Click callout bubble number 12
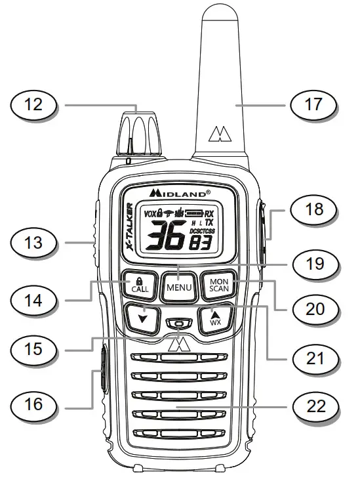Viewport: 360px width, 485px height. pos(33,104)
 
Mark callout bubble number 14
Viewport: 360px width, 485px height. pos(33,301)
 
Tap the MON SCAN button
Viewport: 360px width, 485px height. pos(218,285)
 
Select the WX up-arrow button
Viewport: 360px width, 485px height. pos(214,320)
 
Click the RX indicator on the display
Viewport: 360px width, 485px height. pos(209,213)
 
